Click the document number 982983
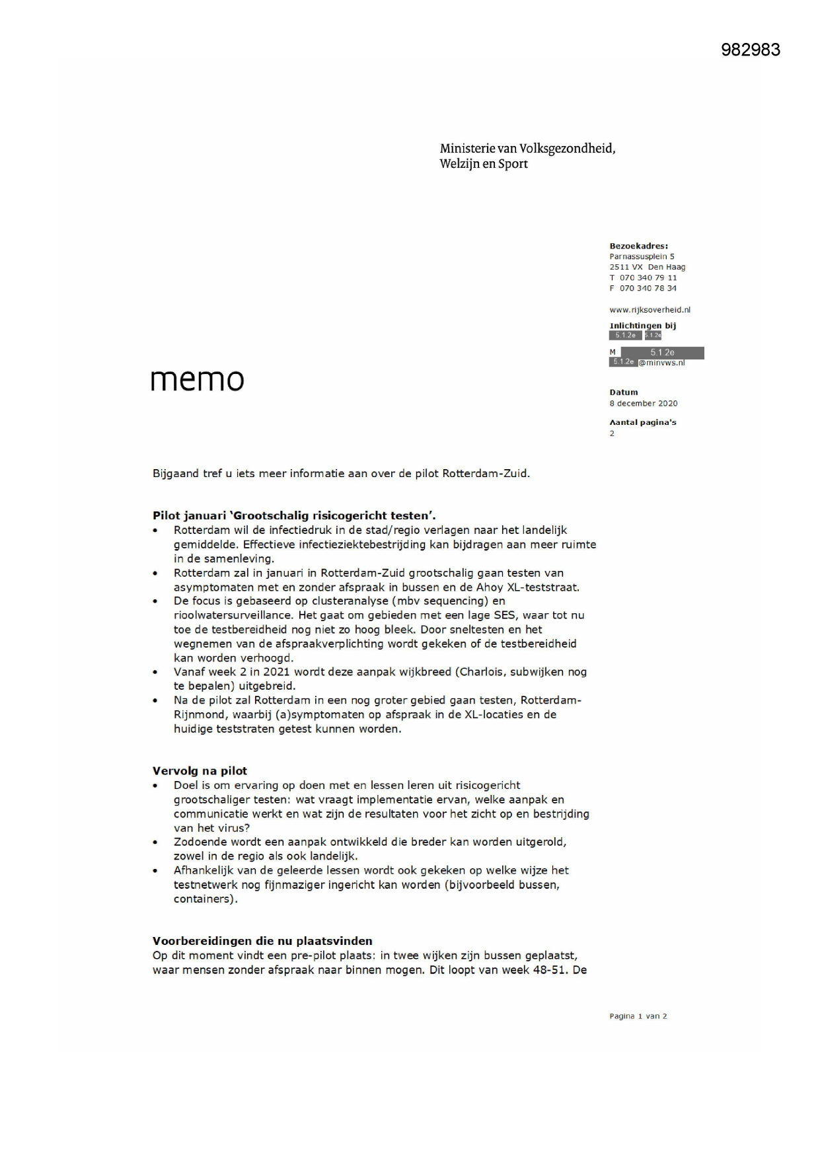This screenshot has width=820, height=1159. [750, 50]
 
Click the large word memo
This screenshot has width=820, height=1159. [197, 380]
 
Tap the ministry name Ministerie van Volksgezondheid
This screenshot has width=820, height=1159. [527, 149]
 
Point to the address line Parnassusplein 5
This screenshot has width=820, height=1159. [642, 256]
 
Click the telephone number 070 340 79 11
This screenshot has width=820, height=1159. [648, 278]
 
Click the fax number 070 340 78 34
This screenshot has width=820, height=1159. [648, 288]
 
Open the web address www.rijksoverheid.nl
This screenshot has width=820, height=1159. [650, 309]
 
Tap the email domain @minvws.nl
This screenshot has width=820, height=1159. [661, 363]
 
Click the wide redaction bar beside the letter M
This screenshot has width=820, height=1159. [662, 353]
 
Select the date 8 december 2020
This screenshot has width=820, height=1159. [643, 403]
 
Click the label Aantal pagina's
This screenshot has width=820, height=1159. [642, 422]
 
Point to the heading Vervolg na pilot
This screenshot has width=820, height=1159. [200, 771]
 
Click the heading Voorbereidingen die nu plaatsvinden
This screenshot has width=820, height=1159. [262, 941]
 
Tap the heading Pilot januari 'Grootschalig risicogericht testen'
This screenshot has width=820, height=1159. [294, 516]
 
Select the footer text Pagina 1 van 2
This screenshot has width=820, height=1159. [638, 1016]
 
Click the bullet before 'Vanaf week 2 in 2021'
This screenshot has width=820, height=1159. [156, 673]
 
